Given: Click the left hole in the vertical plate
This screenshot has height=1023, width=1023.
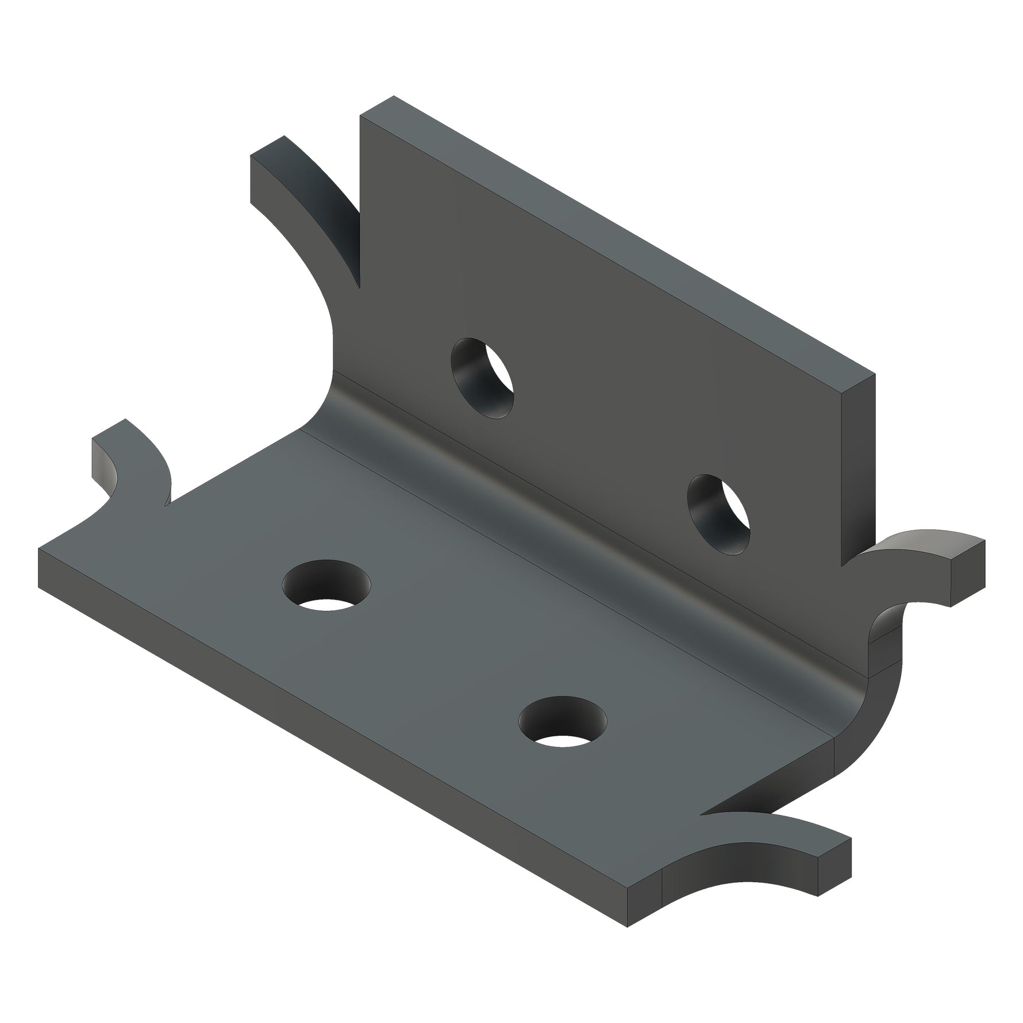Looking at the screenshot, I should (x=482, y=378).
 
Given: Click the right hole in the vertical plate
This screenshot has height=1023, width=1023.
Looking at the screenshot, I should (x=718, y=515).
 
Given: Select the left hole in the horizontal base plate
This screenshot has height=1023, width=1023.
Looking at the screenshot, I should (x=326, y=587).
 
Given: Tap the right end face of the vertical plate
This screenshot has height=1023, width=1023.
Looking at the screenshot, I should (x=859, y=466).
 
